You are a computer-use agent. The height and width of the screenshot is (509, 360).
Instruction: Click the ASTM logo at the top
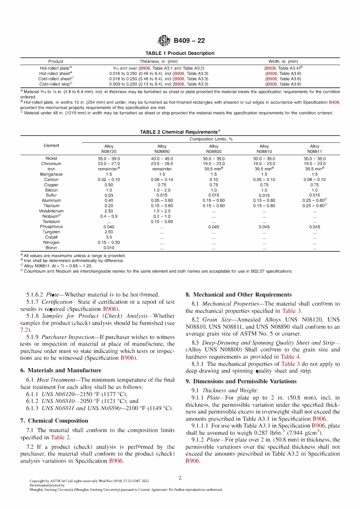(x=164, y=41)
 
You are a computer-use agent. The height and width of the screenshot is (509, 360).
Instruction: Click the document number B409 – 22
(x=189, y=41)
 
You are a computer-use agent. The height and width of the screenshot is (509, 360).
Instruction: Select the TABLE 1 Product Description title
(x=180, y=53)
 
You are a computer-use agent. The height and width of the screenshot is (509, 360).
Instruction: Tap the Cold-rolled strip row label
(x=55, y=84)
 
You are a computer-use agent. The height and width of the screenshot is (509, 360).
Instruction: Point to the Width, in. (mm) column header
(x=283, y=61)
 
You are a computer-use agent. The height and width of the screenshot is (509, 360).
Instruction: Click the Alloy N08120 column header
(x=109, y=149)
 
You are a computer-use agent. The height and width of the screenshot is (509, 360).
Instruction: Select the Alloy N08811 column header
(x=315, y=149)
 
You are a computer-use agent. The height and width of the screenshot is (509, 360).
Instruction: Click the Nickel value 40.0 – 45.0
(x=162, y=159)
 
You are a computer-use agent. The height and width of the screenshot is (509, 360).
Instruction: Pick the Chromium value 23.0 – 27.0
(x=109, y=164)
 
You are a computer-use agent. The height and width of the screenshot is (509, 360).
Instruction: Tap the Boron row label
(x=51, y=248)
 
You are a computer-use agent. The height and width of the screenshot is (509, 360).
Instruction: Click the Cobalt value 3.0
(x=109, y=237)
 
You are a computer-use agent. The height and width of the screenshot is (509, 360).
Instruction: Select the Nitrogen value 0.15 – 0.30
(x=109, y=242)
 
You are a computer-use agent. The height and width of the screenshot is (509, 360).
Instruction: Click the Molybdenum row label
(x=51, y=211)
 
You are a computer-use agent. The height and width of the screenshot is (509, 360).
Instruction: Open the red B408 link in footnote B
(x=334, y=102)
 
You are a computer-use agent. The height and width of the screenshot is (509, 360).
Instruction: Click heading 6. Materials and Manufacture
(x=61, y=370)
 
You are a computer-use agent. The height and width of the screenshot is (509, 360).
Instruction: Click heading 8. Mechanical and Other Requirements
(x=238, y=295)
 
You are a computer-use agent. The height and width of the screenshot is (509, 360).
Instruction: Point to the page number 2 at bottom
(x=180, y=478)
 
